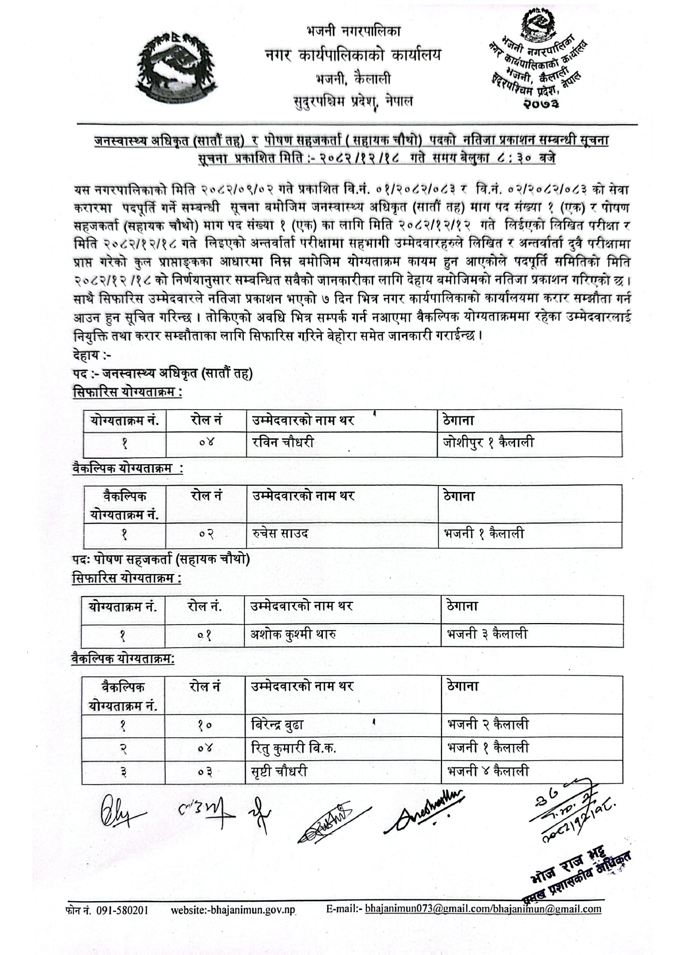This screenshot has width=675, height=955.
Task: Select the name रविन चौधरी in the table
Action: click(x=283, y=443)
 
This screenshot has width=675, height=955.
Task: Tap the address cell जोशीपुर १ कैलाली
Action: click(x=488, y=443)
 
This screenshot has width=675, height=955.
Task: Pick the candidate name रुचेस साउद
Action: click(x=280, y=534)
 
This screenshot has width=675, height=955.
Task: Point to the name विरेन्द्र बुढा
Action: click(x=277, y=725)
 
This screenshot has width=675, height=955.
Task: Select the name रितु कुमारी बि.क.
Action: click(x=293, y=748)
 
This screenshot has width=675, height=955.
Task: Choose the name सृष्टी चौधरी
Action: click(x=279, y=771)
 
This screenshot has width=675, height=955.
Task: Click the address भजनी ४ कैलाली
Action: click(x=488, y=771)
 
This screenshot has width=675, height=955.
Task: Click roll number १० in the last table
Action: click(x=205, y=725)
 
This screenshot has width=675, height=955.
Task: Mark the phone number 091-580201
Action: click(x=122, y=910)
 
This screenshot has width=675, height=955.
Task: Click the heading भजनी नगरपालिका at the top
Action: click(x=354, y=31)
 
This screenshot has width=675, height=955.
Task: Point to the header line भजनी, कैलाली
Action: click(x=353, y=79)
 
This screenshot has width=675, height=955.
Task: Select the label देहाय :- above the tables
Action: click(x=91, y=355)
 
